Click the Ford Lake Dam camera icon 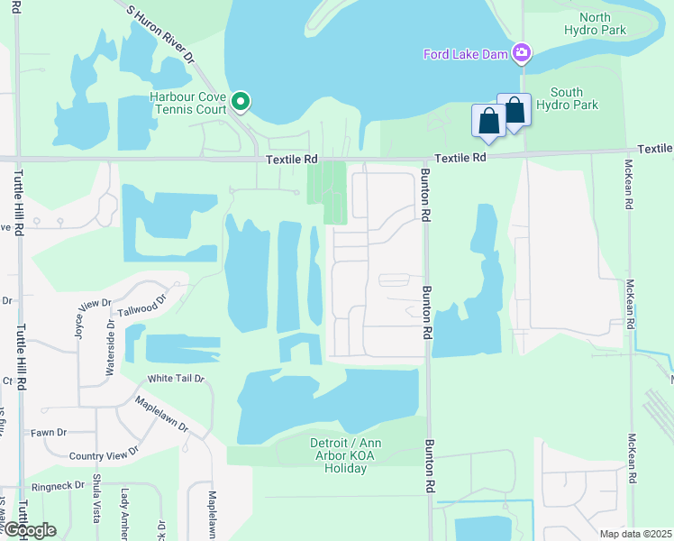click(521, 54)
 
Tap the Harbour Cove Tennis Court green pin click(241, 102)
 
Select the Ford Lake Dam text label click(466, 54)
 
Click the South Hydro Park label click(567, 98)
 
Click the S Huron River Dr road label click(161, 32)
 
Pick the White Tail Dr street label click(176, 380)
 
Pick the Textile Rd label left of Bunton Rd click(293, 159)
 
